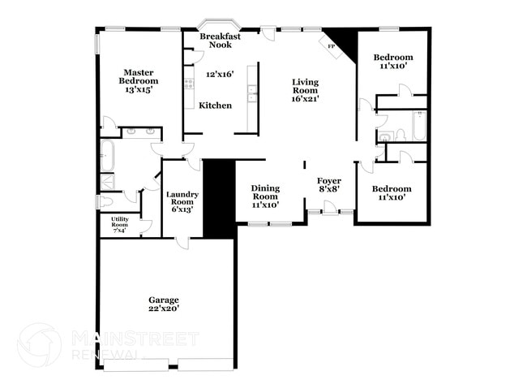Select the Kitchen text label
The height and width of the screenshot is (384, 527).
tap(216, 106)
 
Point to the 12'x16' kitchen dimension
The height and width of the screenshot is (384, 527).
tap(219, 74)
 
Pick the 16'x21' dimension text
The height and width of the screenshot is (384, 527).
tap(305, 99)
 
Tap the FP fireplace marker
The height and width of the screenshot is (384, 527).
tap(330, 46)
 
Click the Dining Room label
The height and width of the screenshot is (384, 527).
tap(264, 192)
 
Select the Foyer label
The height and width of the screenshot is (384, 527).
tap(328, 180)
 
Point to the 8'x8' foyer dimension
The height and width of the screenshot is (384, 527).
tap(328, 188)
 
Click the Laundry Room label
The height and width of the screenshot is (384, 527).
tap(182, 198)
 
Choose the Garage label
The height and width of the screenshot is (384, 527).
tap(163, 300)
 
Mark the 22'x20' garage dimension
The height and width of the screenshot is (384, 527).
tap(163, 308)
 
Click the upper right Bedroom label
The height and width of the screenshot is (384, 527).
tap(392, 57)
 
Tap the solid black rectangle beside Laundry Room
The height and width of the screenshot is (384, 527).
tap(218, 199)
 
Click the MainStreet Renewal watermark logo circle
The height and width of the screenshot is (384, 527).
tap(39, 344)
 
